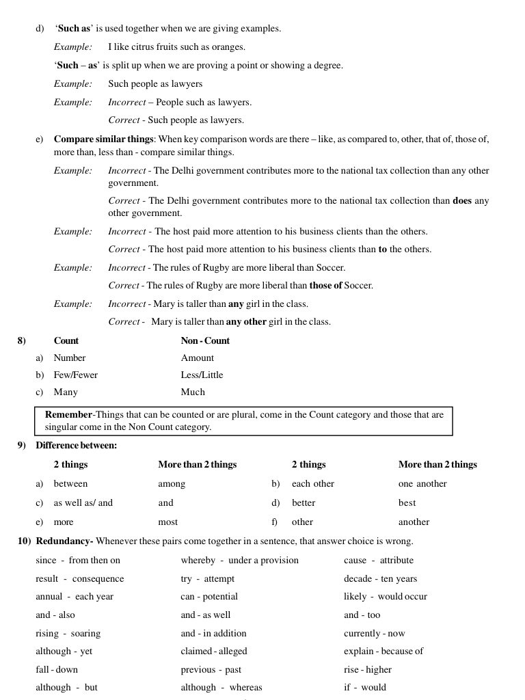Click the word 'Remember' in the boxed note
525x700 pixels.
tap(68, 415)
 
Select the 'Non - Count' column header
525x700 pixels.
tap(205, 340)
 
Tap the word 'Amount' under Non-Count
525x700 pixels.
tap(197, 358)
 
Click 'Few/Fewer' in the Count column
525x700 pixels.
tap(75, 375)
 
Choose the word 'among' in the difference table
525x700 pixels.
tap(172, 483)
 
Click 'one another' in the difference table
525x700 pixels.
tap(422, 483)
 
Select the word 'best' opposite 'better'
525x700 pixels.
tap(407, 502)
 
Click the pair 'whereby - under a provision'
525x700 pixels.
tap(239, 560)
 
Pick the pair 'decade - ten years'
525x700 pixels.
tap(380, 578)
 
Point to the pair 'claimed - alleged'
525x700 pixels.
tap(214, 651)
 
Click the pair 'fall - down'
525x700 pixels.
tap(57, 669)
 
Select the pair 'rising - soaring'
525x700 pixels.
tap(68, 633)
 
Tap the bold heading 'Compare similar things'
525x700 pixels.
tap(104, 139)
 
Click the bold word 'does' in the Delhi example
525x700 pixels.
tap(462, 201)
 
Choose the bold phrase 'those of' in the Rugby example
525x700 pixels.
tap(325, 285)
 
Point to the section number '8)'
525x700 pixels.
tap(21, 340)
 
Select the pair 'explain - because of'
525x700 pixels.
tap(383, 651)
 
